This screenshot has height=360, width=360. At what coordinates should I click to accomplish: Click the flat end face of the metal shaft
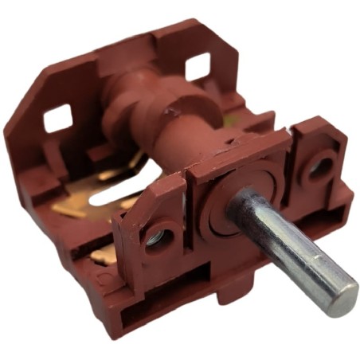(x=343, y=299)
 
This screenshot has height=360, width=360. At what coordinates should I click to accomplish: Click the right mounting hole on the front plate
(x=321, y=166)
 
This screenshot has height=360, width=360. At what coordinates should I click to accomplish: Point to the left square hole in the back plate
(x=57, y=119)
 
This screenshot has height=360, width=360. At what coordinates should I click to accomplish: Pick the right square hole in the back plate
(x=198, y=67)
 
